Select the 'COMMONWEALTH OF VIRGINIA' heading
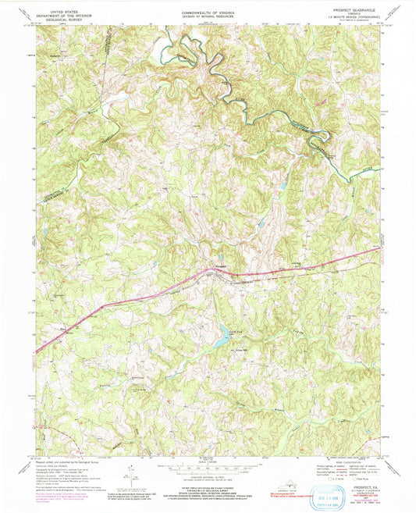[x=208, y=12]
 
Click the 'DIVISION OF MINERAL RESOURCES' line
[x=208, y=16]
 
